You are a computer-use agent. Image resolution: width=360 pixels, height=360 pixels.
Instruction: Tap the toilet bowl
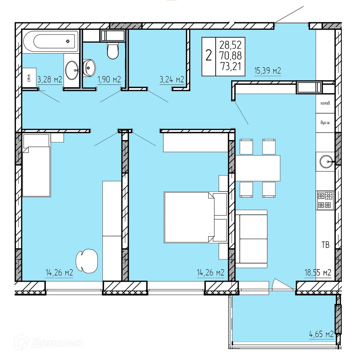click(x=113, y=51)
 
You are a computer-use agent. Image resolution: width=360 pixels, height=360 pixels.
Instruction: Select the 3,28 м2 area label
click(x=50, y=79)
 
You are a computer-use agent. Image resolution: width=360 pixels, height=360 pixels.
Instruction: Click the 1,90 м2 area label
click(x=109, y=79)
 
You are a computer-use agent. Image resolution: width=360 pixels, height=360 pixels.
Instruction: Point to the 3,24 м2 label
click(x=172, y=79)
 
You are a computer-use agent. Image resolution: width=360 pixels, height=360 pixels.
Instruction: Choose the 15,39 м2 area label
click(x=267, y=71)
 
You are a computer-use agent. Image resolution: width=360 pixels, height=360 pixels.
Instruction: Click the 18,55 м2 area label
click(x=318, y=272)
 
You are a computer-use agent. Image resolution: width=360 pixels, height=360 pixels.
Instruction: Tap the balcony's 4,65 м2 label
click(x=321, y=334)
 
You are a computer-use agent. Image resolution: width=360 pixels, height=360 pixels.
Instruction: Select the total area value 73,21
click(x=230, y=66)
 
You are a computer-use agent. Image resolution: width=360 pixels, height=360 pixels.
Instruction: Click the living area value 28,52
click(x=230, y=45)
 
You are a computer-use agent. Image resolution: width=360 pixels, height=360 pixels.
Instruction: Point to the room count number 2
click(x=208, y=56)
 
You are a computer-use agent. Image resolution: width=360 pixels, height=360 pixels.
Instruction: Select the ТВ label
click(x=325, y=245)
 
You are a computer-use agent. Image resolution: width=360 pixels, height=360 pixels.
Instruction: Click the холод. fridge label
click(x=325, y=103)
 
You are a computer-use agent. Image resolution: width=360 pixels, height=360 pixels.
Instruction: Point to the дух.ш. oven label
click(x=325, y=123)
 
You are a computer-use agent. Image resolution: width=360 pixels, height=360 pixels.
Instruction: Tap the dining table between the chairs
click(x=258, y=168)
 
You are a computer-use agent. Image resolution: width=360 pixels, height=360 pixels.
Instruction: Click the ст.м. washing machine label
click(x=29, y=78)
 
